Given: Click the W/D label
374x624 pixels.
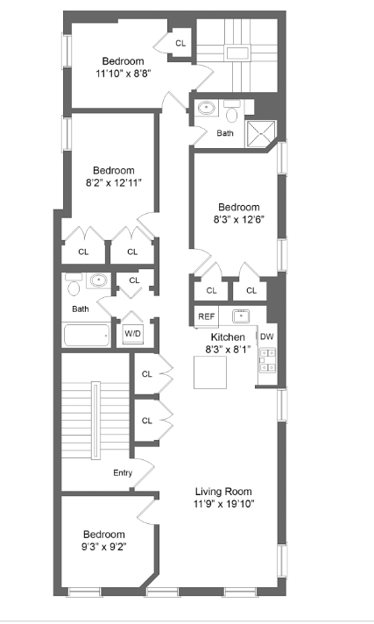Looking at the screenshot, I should (133, 333).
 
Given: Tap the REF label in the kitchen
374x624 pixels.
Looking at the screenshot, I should (206, 316).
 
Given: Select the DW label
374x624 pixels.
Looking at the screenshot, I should (267, 337).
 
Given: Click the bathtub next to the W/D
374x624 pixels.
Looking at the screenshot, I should (87, 335).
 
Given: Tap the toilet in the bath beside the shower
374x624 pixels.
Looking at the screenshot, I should (232, 111).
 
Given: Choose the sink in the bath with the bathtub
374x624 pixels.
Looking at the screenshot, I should (98, 281).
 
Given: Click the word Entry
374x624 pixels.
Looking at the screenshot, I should (123, 473).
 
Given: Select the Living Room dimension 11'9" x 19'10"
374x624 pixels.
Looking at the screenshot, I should (224, 504).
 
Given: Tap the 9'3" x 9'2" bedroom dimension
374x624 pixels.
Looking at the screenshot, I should (104, 547).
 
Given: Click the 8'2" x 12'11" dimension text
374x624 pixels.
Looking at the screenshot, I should (114, 182).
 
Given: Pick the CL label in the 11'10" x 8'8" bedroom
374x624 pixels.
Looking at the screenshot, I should (180, 43).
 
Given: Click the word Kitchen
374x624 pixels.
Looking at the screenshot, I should (228, 337).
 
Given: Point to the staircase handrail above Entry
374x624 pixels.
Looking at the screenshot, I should (94, 419).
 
